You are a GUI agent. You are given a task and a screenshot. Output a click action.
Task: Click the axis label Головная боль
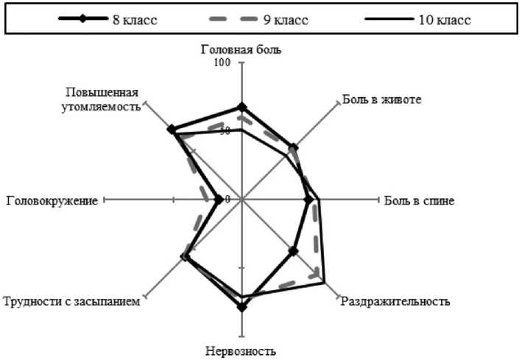point(241,50)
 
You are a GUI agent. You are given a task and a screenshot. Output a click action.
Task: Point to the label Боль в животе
point(382,100)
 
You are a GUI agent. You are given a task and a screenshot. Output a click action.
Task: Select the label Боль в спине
point(418,200)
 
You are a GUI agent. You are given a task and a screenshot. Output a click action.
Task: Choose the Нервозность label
point(241,350)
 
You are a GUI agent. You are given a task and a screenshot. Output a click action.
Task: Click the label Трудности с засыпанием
point(71,301)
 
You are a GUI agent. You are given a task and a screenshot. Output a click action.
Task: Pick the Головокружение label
point(52,200)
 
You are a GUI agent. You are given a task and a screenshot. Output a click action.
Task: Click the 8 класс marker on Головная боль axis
point(241,107)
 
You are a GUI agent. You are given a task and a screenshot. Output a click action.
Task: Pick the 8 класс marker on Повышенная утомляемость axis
point(172,130)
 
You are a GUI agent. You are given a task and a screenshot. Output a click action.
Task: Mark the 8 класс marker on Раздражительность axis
point(293,251)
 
